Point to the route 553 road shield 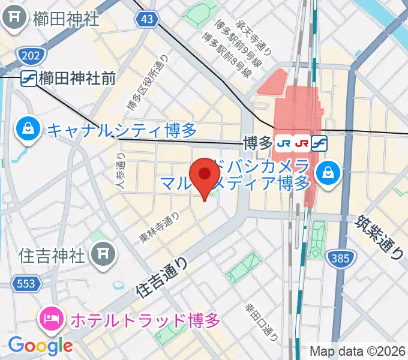coord(25,283)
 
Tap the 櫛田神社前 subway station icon coord(28,78)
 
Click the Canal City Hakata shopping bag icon coord(28,128)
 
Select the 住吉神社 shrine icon coord(103,256)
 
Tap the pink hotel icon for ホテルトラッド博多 coord(50,319)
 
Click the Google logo coord(40,345)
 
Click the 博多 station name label coord(258,143)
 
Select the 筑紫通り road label coord(379,237)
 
